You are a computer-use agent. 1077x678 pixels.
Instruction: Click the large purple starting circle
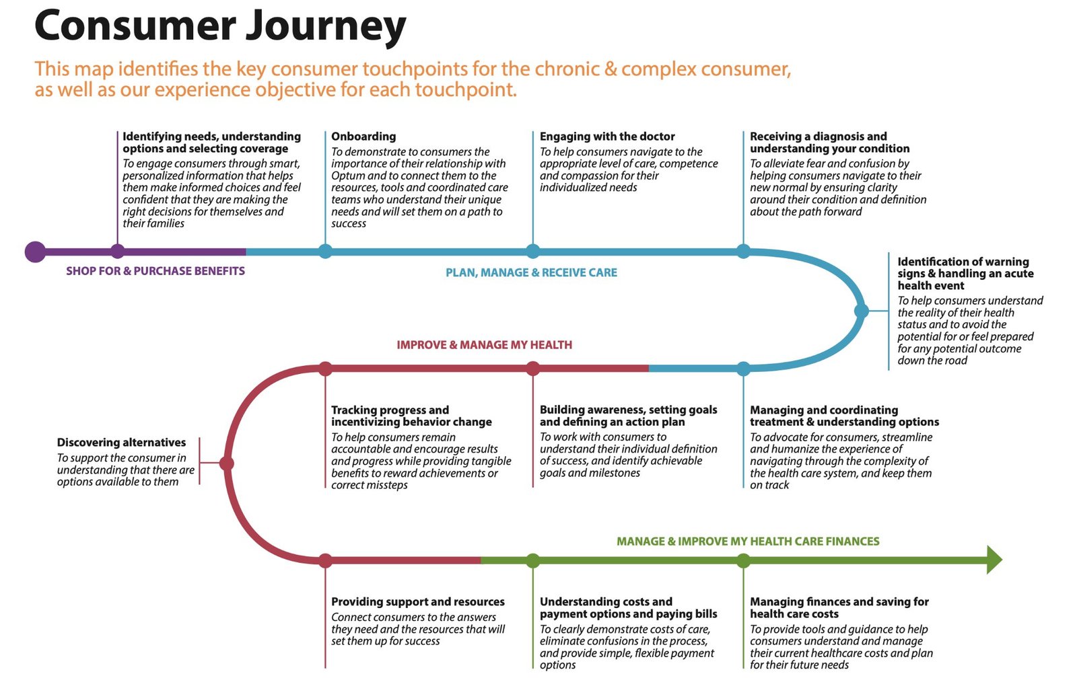(x=35, y=252)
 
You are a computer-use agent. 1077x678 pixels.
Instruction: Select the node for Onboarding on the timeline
(x=325, y=252)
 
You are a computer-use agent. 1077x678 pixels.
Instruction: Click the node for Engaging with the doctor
(x=532, y=252)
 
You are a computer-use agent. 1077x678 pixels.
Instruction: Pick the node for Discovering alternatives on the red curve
(x=227, y=463)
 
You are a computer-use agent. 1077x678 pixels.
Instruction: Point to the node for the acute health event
(x=861, y=311)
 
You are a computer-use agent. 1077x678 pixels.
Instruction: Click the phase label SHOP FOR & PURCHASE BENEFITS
(x=155, y=271)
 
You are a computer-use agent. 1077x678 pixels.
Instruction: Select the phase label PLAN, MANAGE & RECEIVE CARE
(x=531, y=272)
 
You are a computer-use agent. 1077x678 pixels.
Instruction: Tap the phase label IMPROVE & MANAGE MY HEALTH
(x=484, y=345)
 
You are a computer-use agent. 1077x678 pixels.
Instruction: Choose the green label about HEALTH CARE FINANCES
(x=748, y=541)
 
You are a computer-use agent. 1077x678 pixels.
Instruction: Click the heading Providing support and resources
(x=417, y=601)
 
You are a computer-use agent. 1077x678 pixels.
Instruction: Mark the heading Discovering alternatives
(x=121, y=442)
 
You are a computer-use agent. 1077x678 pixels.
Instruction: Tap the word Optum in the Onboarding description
(x=348, y=176)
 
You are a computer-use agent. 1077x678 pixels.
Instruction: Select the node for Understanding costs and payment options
(x=532, y=560)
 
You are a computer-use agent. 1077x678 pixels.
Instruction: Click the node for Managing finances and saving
(x=743, y=560)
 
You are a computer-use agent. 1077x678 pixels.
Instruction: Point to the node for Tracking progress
(x=325, y=369)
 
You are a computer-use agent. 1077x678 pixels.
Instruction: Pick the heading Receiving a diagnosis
(x=818, y=137)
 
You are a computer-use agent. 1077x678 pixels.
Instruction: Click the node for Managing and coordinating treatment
(x=743, y=369)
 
